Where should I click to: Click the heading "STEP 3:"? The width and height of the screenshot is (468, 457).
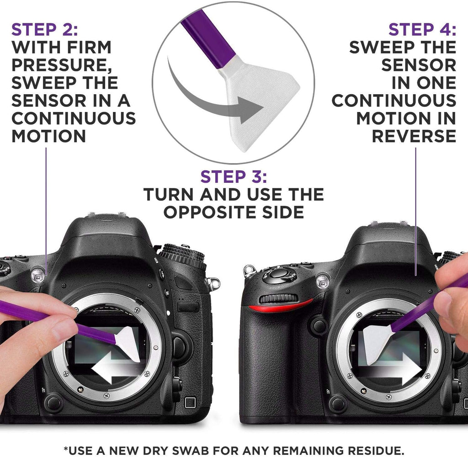234,177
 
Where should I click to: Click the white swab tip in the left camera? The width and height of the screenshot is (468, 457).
128,343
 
